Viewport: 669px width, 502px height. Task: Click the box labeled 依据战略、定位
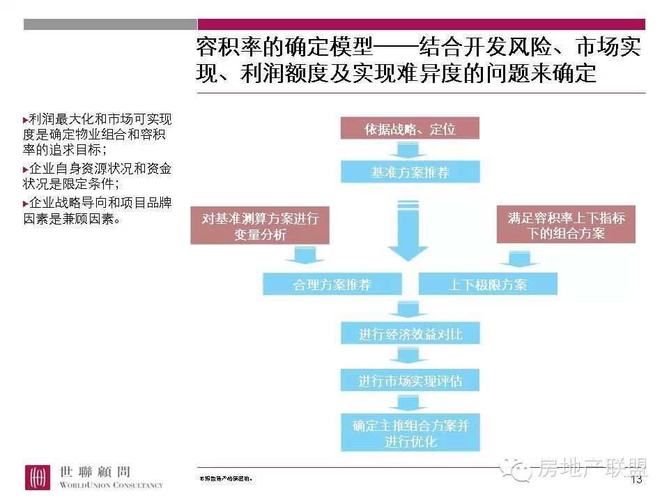[410, 129]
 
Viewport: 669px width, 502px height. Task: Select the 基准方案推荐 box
[410, 172]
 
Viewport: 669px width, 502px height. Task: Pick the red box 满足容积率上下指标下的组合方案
[566, 225]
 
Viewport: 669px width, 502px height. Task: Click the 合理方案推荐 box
[332, 284]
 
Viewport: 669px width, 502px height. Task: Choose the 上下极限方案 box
[488, 284]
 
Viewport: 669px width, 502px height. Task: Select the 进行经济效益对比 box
[410, 335]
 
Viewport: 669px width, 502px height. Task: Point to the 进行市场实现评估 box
[410, 381]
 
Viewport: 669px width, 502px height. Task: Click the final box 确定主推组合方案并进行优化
[410, 433]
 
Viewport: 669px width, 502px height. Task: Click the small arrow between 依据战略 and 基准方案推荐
[408, 150]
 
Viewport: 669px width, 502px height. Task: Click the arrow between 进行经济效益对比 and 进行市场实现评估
[408, 358]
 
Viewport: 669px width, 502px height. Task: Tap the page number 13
[636, 480]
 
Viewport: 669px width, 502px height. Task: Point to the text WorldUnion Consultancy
[111, 485]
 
